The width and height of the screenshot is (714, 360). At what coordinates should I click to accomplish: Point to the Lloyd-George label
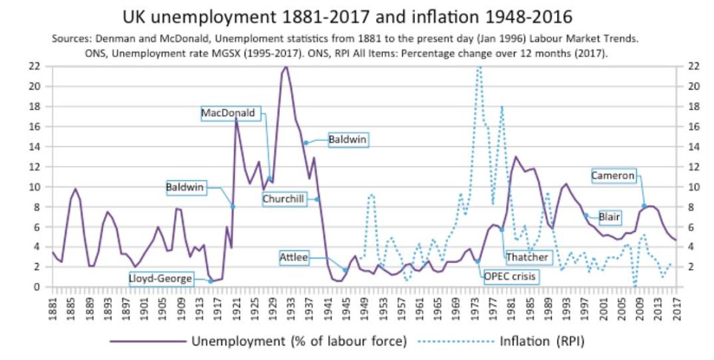click(161, 279)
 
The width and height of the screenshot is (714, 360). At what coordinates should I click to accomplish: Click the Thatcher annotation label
click(527, 257)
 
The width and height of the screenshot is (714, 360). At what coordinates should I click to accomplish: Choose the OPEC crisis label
click(509, 276)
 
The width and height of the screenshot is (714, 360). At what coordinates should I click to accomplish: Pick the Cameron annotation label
click(613, 176)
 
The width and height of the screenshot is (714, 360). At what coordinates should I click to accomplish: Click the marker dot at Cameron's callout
click(644, 206)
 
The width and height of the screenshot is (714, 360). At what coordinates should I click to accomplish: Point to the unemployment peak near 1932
click(284, 67)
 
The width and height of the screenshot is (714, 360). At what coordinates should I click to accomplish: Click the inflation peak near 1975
click(479, 67)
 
